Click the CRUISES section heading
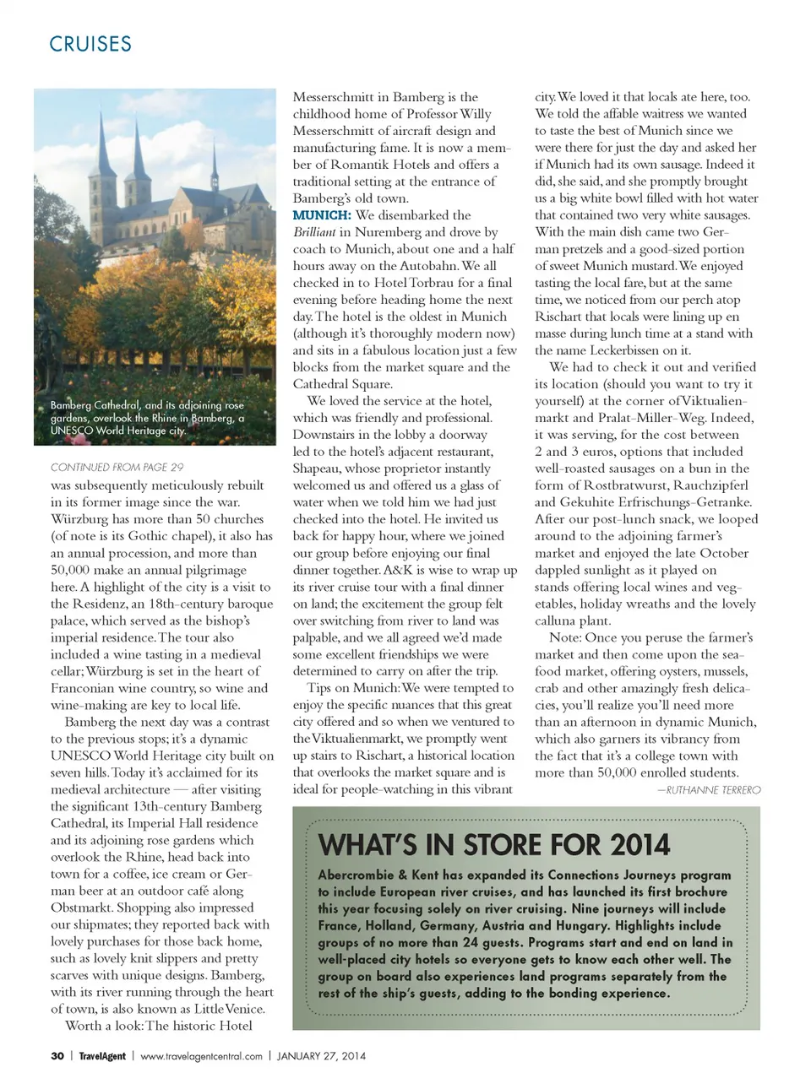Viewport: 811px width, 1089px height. pyautogui.click(x=90, y=44)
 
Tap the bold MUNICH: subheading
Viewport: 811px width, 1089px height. pyautogui.click(x=322, y=215)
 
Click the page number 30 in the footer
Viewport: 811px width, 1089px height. pyautogui.click(x=57, y=1055)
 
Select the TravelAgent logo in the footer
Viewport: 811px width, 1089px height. pyautogui.click(x=102, y=1055)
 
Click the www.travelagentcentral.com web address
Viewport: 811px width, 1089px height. pyautogui.click(x=201, y=1055)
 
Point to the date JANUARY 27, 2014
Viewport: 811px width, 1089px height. pyautogui.click(x=321, y=1055)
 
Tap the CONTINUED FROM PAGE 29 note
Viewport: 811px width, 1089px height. pyautogui.click(x=117, y=467)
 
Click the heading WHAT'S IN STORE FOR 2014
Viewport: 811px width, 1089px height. pyautogui.click(x=494, y=845)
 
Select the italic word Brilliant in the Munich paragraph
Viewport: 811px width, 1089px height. pyautogui.click(x=314, y=232)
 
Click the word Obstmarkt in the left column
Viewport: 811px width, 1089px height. pyautogui.click(x=81, y=907)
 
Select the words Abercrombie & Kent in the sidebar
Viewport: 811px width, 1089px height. pyautogui.click(x=378, y=875)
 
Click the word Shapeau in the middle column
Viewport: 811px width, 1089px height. pyautogui.click(x=318, y=469)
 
